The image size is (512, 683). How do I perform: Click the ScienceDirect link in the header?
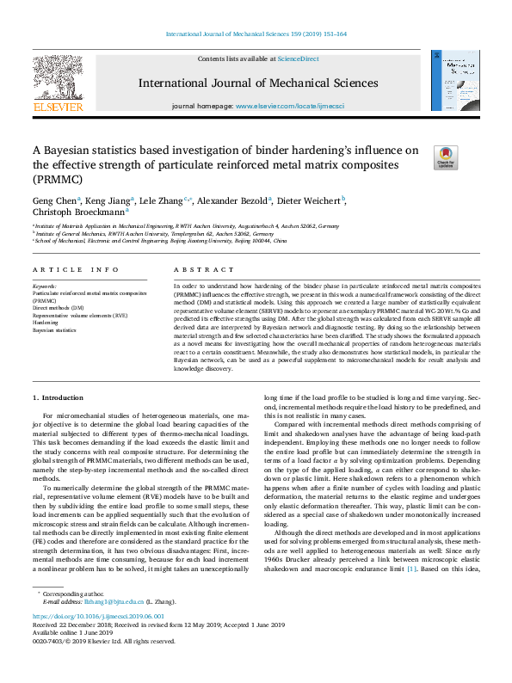point(298,58)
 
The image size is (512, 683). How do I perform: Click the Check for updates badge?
point(445,157)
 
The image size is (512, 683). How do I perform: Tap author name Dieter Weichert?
point(312,200)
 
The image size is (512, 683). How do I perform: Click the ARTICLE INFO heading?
point(76,269)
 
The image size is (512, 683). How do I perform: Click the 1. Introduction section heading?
point(59,397)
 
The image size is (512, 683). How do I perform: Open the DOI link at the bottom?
point(95,617)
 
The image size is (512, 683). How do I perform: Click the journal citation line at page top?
point(256,34)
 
